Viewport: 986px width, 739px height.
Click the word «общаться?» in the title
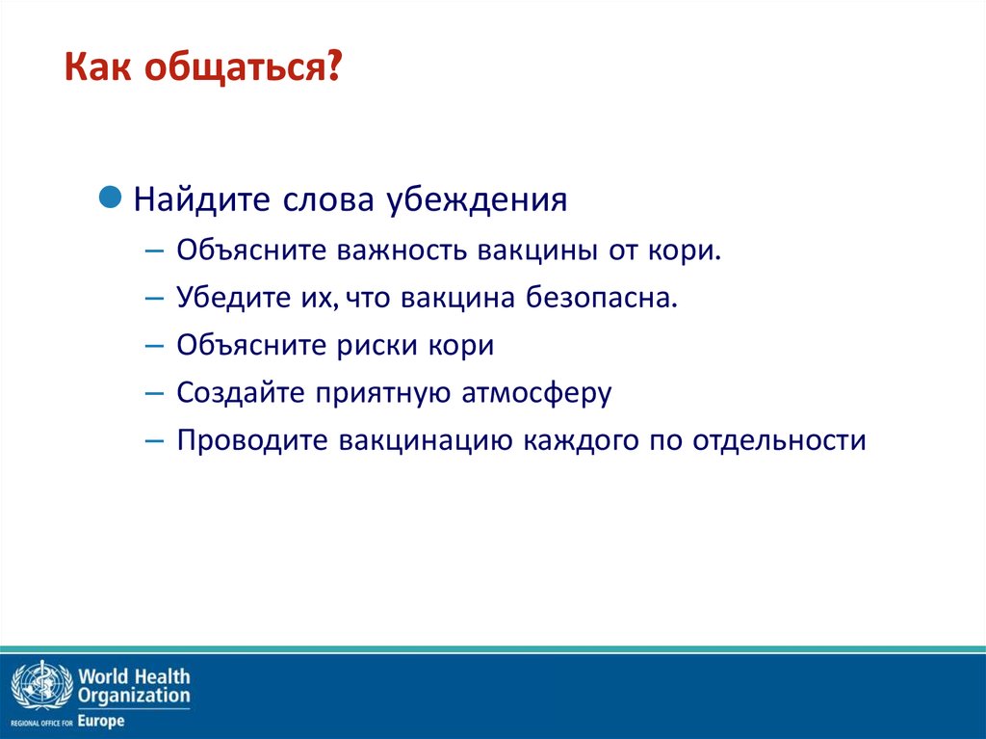click(243, 67)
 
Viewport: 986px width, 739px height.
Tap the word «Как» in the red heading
click(97, 66)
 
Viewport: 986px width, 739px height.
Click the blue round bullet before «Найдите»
click(110, 197)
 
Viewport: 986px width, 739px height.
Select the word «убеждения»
click(476, 200)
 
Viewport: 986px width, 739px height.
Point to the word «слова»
click(328, 200)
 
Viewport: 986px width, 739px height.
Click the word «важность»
click(402, 251)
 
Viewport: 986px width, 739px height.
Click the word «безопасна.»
click(601, 297)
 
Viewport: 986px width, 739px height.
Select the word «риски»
click(376, 346)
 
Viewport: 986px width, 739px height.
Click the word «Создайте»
click(241, 392)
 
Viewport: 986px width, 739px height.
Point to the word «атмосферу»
click(536, 393)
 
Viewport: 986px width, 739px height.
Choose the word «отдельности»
click(779, 440)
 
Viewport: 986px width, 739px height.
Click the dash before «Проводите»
click(154, 441)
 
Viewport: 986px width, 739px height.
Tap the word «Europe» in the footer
click(100, 722)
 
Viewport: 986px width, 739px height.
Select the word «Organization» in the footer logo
click(134, 697)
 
